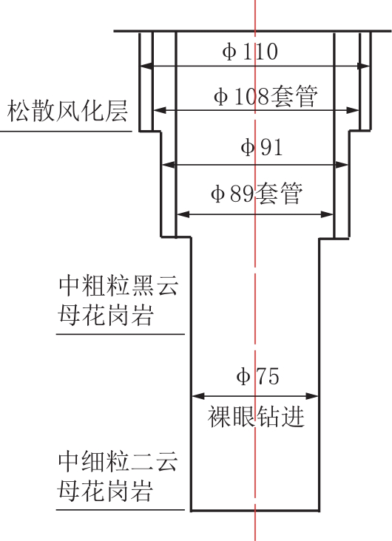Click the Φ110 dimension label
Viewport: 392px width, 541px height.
click(250, 52)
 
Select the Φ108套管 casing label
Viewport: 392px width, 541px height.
click(266, 96)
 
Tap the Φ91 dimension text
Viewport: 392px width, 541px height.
click(262, 147)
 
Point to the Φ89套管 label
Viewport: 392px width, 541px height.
click(257, 193)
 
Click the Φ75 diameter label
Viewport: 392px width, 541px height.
click(257, 375)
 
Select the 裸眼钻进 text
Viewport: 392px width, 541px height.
click(256, 417)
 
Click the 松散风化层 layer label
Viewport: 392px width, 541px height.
click(68, 111)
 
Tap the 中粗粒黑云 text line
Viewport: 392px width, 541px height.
click(118, 286)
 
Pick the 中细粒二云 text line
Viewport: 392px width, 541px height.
click(118, 461)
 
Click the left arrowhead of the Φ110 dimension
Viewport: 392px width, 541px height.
click(146, 66)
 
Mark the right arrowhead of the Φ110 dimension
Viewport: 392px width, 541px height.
click(364, 66)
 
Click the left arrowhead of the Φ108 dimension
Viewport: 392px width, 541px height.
click(159, 110)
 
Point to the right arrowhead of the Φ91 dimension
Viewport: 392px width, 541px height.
click(341, 165)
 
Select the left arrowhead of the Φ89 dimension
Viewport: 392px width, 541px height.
click(183, 214)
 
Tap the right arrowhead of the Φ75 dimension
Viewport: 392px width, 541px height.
click(311, 396)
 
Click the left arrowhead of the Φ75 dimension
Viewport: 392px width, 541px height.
click(198, 396)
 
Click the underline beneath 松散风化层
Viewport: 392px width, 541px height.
click(66, 131)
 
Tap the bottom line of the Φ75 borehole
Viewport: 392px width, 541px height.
click(255, 510)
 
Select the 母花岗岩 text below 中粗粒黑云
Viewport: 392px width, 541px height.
click(105, 315)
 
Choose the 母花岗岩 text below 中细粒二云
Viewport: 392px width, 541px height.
click(105, 490)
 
